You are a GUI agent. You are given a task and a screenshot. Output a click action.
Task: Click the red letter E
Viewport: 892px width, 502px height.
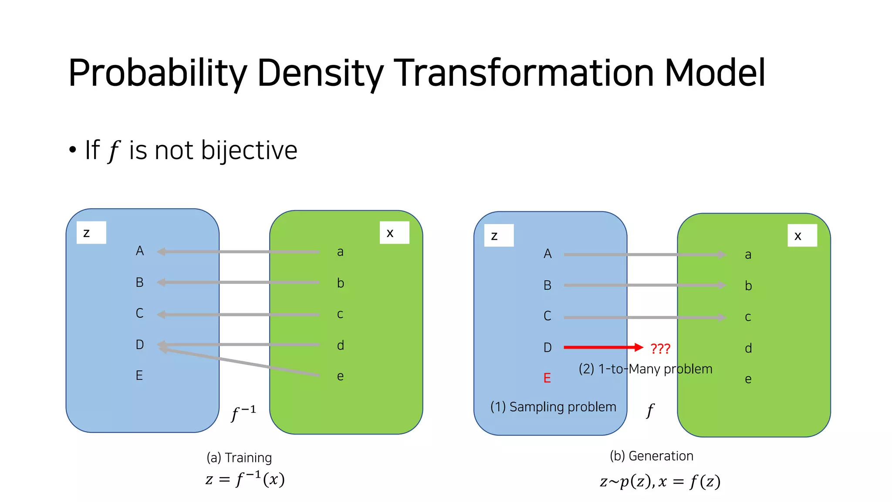(x=547, y=378)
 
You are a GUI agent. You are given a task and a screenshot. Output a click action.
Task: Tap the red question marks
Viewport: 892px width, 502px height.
(x=660, y=349)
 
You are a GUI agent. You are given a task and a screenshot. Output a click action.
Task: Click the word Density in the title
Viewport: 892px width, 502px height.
(x=321, y=73)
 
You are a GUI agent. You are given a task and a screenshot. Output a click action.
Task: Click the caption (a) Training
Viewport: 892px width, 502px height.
(x=239, y=458)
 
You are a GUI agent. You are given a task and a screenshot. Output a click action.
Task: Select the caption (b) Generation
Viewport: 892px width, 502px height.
(x=652, y=456)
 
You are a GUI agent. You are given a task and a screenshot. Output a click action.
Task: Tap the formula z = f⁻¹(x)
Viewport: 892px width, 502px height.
(x=245, y=479)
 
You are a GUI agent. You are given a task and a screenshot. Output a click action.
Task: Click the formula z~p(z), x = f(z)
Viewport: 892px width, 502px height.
(x=660, y=482)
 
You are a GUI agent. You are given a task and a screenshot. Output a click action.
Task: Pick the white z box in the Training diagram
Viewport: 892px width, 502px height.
(x=91, y=233)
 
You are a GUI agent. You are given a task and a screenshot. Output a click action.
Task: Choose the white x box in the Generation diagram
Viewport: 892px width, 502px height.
(x=802, y=236)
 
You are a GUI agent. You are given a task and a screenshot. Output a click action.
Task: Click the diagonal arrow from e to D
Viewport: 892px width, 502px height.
(x=240, y=362)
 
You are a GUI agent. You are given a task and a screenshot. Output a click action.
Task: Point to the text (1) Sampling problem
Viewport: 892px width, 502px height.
(x=553, y=407)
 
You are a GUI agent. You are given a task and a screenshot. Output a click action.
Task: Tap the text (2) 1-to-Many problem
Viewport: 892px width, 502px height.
(x=645, y=369)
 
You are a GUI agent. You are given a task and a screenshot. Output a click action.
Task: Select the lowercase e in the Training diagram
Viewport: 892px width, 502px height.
(x=340, y=376)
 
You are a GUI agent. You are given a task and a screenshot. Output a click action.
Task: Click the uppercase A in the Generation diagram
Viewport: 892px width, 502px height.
(x=547, y=254)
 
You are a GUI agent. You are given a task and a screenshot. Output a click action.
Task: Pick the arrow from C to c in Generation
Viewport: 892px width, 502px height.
(x=645, y=318)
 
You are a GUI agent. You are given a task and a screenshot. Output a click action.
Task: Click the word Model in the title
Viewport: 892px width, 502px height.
(x=715, y=73)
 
